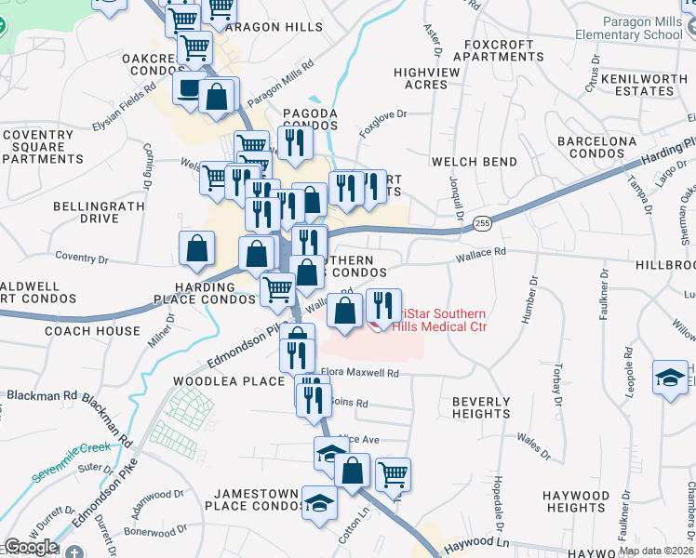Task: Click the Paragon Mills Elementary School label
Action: [x=641, y=29]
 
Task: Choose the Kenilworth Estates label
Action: [x=650, y=85]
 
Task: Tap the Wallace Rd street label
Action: [x=481, y=252]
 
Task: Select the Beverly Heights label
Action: [x=481, y=408]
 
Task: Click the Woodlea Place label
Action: [x=228, y=381]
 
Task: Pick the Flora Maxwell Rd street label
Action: [x=360, y=373]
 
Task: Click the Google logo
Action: [x=31, y=547]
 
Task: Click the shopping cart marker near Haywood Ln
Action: [x=394, y=473]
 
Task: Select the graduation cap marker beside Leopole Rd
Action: [x=669, y=377]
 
